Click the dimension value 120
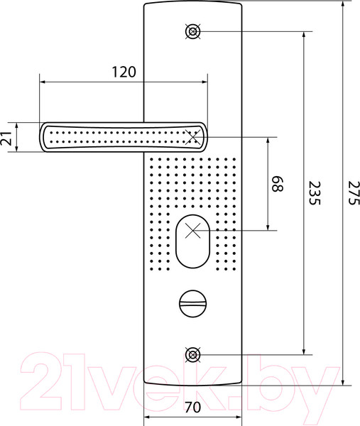124,71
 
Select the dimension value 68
278,184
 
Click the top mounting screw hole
192,31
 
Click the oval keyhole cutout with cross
192,231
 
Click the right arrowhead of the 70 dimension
241,418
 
